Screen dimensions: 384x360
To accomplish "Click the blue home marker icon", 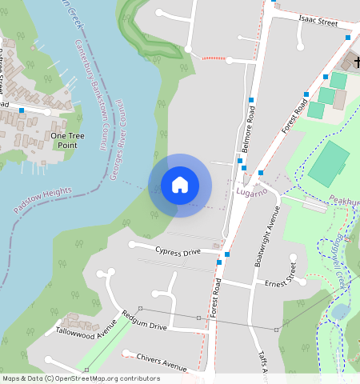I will click(x=180, y=185).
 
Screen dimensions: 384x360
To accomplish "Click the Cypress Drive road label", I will click(x=178, y=251).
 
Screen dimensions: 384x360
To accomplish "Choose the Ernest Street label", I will click(x=286, y=281).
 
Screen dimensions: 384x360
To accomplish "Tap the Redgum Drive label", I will click(x=144, y=321).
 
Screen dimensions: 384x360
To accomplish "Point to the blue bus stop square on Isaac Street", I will click(x=348, y=37).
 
